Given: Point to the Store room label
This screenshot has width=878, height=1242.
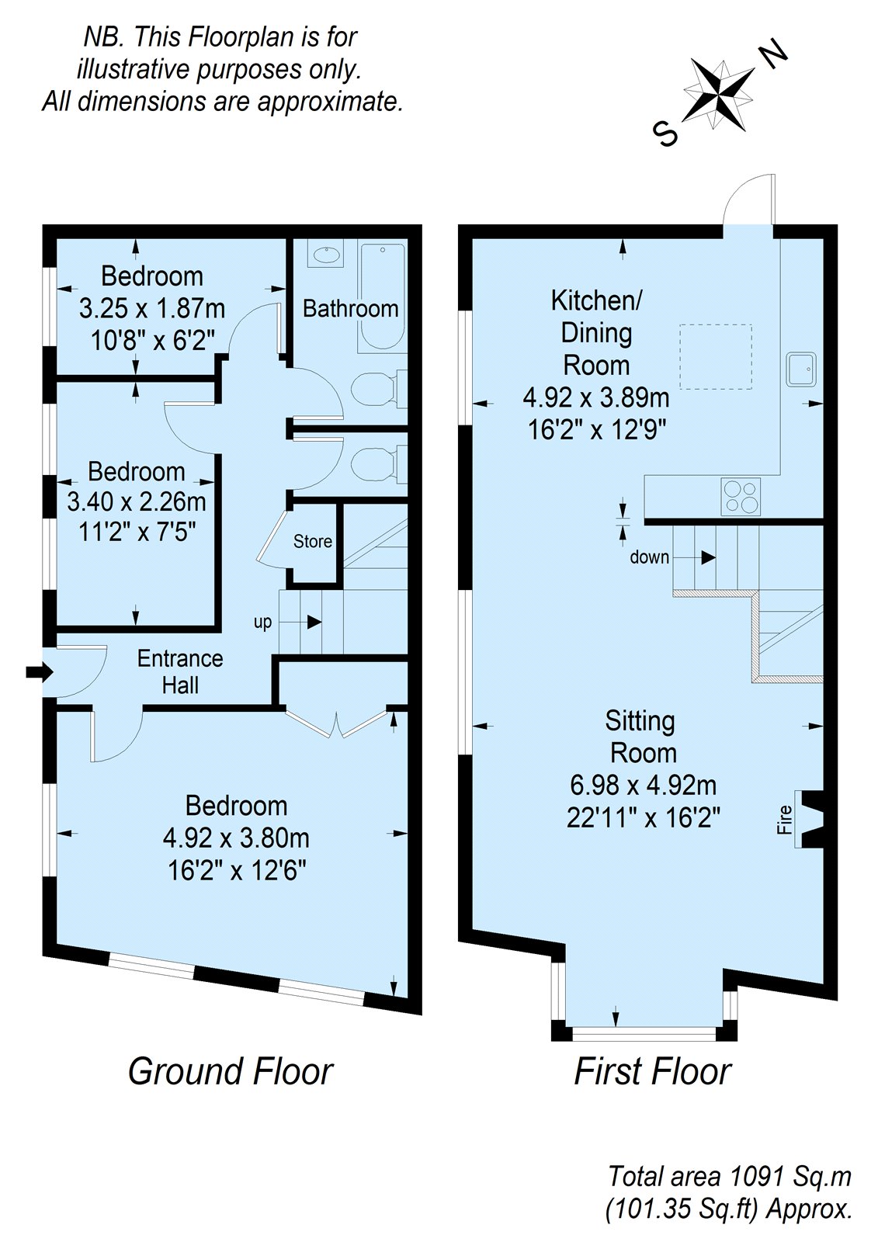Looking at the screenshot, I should (313, 542).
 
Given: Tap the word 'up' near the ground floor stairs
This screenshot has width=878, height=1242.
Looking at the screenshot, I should (263, 623).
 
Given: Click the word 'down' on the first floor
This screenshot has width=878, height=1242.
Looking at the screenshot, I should (649, 557).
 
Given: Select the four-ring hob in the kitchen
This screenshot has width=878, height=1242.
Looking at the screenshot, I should (741, 497).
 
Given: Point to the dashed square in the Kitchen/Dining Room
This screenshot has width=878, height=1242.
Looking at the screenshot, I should (717, 357).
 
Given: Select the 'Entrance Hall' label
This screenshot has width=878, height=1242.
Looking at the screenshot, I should (180, 671).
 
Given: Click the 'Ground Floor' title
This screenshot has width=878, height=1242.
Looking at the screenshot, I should (231, 1071).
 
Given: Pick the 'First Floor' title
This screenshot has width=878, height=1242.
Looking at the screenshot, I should (652, 1071).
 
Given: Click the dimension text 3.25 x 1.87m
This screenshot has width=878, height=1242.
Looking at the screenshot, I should (152, 308).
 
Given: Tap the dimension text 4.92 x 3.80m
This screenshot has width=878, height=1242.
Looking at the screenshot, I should (236, 838).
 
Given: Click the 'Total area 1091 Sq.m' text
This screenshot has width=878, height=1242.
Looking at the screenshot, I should (729, 1176).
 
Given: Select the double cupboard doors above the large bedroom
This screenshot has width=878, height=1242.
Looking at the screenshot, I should (336, 722).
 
